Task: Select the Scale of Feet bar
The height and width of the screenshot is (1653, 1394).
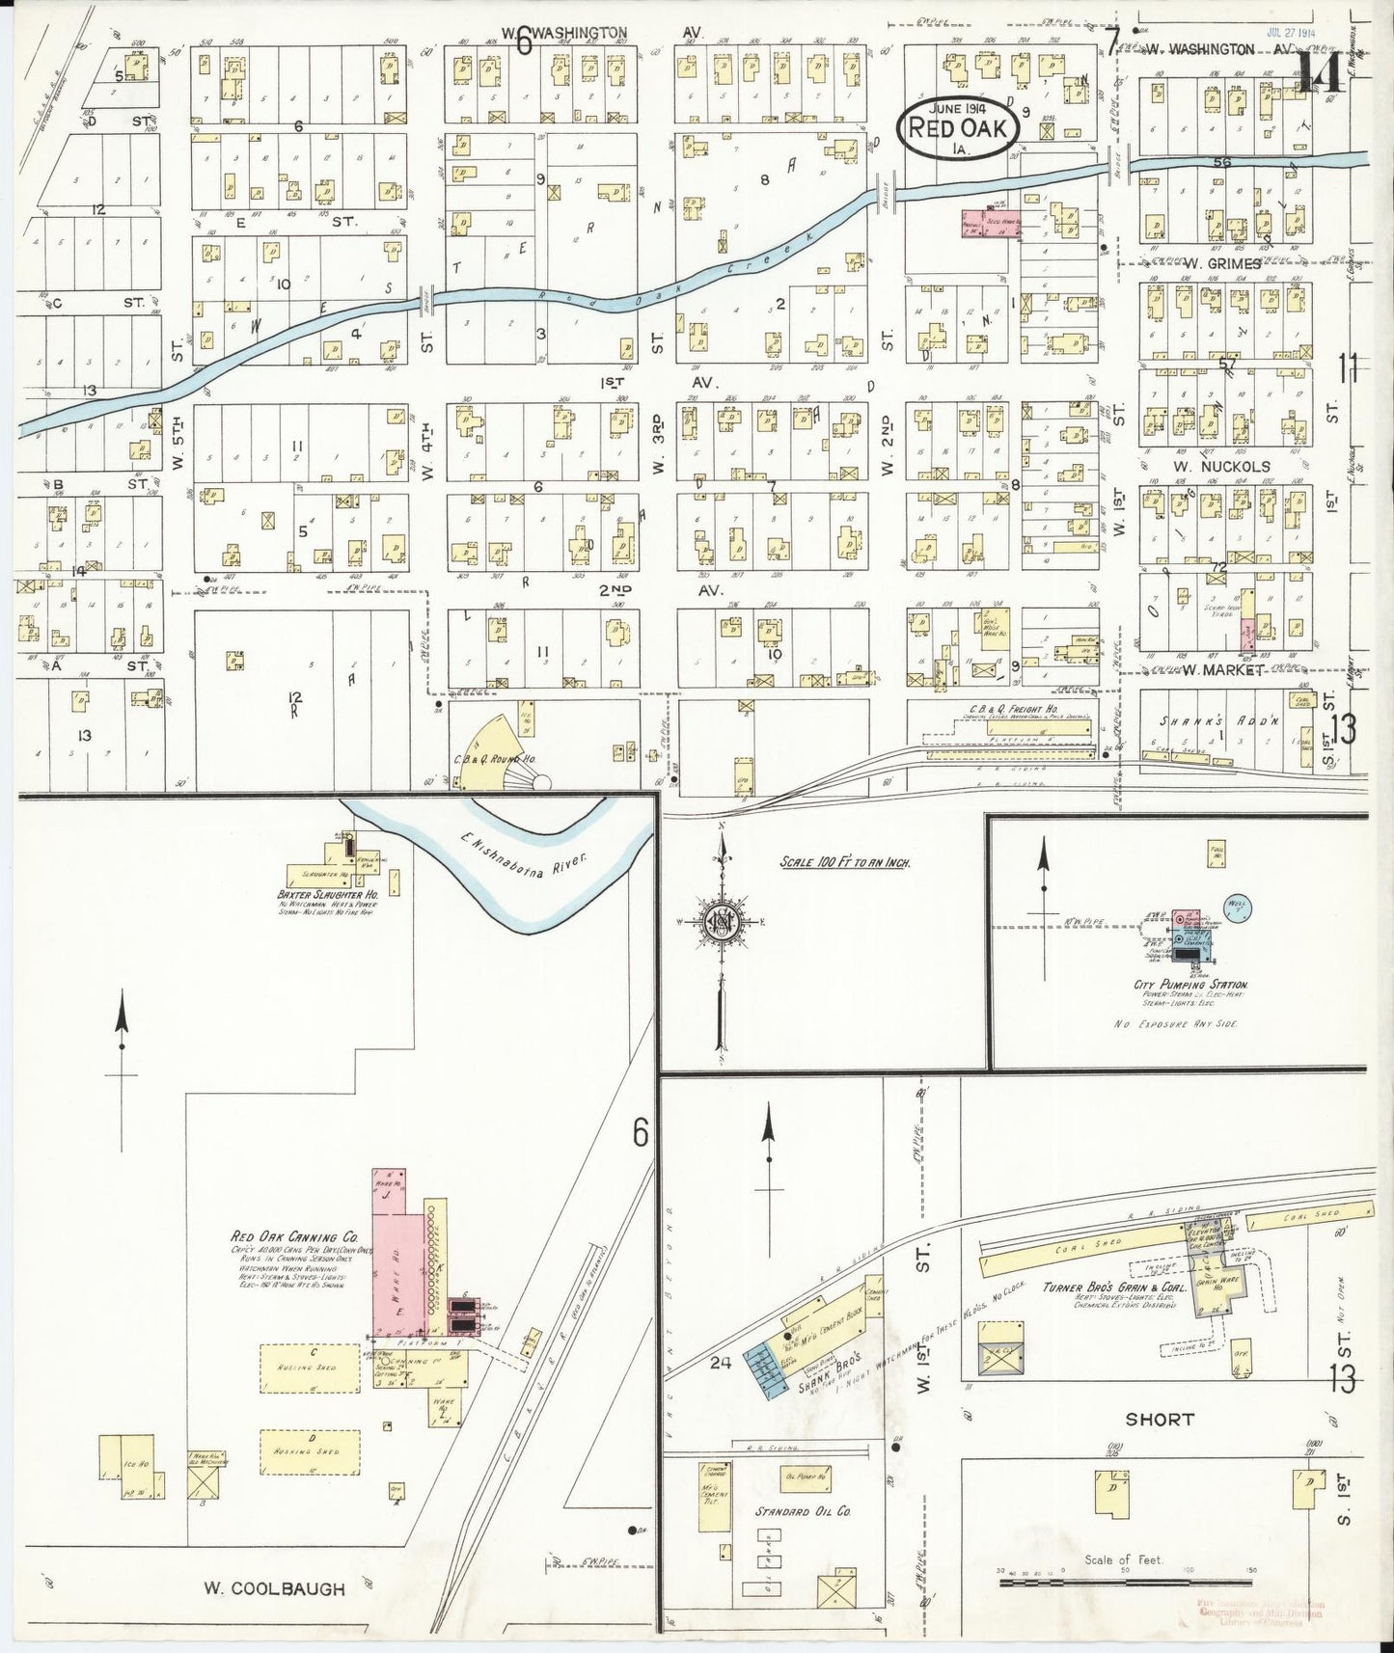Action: coord(1124,1582)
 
